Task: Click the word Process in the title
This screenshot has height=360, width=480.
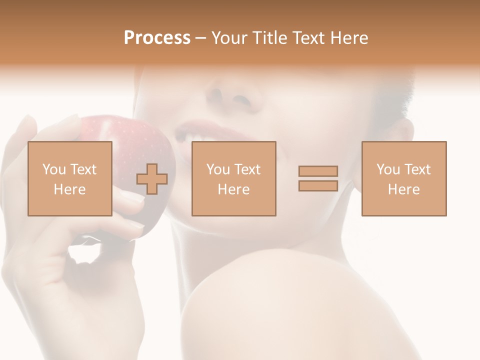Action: pos(157,38)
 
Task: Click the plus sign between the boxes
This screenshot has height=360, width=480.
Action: pos(152,179)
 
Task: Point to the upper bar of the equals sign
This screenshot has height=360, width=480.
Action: pos(318,171)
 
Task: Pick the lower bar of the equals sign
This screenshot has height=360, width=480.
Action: pos(318,186)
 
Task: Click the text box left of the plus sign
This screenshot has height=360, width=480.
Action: pos(70,178)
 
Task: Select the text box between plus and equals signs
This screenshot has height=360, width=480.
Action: pos(234,178)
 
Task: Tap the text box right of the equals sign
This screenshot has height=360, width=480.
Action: pos(404,178)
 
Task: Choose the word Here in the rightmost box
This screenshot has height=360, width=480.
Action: pos(404,189)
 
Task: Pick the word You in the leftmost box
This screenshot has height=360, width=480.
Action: pos(54,169)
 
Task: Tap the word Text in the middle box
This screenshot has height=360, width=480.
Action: pos(248,169)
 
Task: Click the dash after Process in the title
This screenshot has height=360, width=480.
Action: pos(201,38)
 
